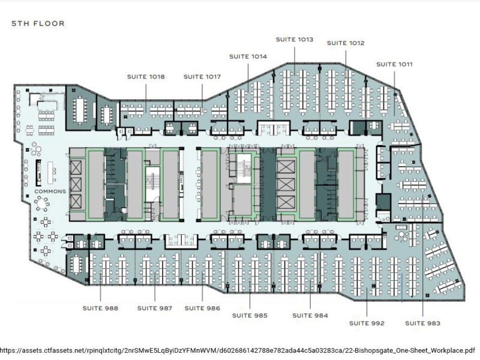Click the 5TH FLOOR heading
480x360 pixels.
(38, 23)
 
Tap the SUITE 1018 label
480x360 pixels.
(146, 77)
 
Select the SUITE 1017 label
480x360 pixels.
(202, 77)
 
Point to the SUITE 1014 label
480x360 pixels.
(248, 56)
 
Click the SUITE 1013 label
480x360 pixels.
(295, 39)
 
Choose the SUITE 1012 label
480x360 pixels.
(346, 43)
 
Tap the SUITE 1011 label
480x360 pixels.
(394, 64)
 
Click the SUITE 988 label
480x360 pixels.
(100, 308)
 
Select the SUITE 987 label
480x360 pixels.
(155, 308)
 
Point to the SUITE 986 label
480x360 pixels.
(202, 308)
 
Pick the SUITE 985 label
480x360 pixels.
(250, 316)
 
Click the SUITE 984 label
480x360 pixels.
(310, 316)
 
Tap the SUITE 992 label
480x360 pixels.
(367, 323)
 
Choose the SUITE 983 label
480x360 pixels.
(423, 323)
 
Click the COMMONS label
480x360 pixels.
(50, 191)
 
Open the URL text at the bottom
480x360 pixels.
(238, 350)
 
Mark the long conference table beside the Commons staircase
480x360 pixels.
(81, 109)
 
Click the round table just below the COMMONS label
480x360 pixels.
(42, 203)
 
